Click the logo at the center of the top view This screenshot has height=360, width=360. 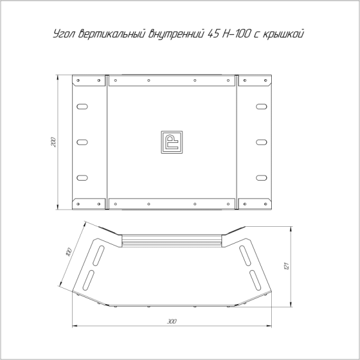pyautogui.click(x=172, y=142)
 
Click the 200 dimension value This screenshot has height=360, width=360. pyautogui.click(x=53, y=142)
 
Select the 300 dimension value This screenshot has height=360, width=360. pyautogui.click(x=172, y=321)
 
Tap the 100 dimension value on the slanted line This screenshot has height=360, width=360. pyautogui.click(x=68, y=252)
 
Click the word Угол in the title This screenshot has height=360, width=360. pyautogui.click(x=64, y=34)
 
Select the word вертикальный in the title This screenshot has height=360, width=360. pyautogui.click(x=112, y=34)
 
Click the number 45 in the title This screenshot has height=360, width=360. pyautogui.click(x=213, y=34)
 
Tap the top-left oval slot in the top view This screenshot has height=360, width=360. pyautogui.click(x=82, y=107)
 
